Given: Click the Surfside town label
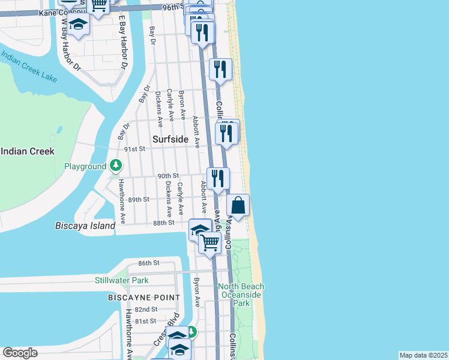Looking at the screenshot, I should [x=170, y=139].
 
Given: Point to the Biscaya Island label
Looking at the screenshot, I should [x=85, y=226].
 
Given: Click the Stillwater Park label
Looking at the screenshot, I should [x=121, y=280].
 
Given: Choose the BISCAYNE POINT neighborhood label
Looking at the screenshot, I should [x=144, y=298].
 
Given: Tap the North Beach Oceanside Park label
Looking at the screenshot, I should [x=241, y=295].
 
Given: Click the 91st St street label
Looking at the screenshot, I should [x=135, y=149].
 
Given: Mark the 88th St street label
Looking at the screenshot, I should [x=163, y=222].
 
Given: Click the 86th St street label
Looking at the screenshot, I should [x=148, y=263].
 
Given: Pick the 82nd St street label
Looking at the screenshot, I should [x=146, y=309].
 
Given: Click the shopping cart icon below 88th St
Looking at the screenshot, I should [x=209, y=243].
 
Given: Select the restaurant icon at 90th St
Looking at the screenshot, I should [x=218, y=178].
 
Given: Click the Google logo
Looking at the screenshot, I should [x=20, y=353].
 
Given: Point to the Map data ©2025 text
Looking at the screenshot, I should [x=423, y=355].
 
